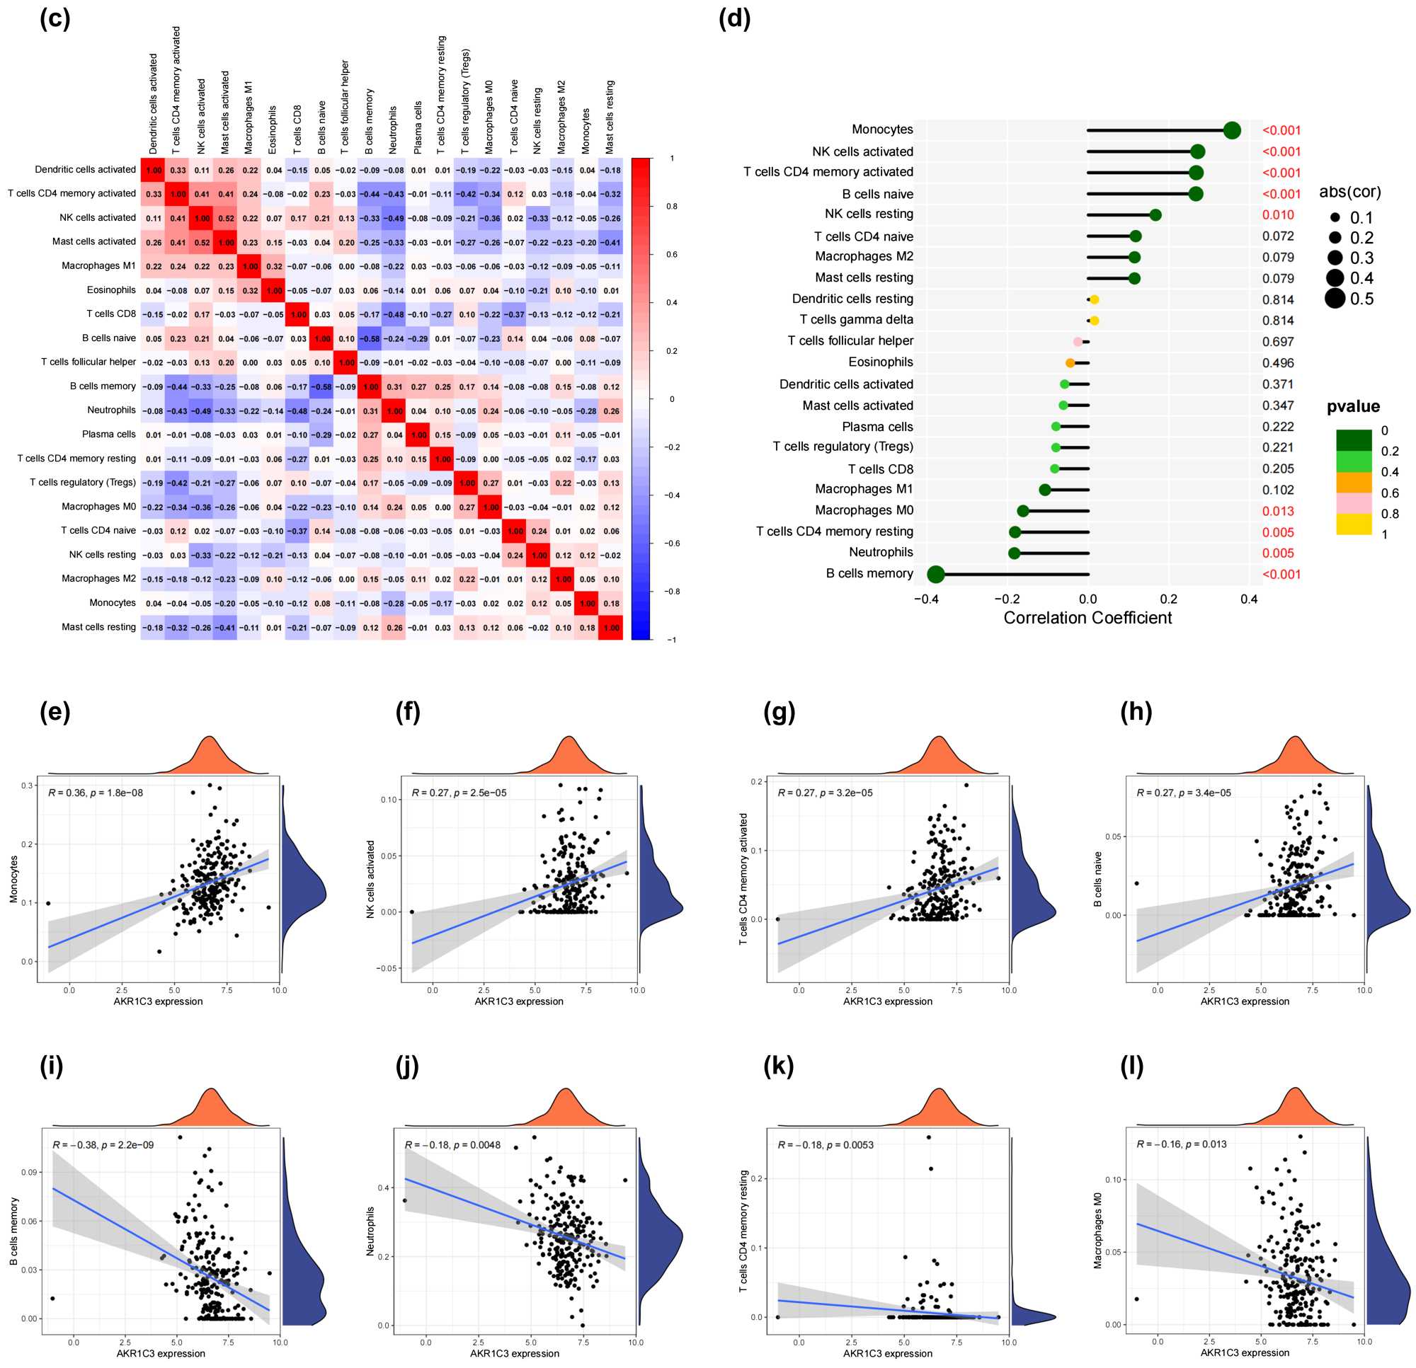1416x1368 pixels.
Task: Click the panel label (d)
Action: pyautogui.click(x=734, y=19)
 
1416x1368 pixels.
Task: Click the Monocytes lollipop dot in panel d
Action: pyautogui.click(x=1233, y=130)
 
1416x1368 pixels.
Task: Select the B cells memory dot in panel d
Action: pyautogui.click(x=935, y=574)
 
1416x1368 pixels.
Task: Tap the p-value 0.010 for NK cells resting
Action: pyautogui.click(x=1278, y=215)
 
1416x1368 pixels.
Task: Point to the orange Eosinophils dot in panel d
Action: pyautogui.click(x=1070, y=362)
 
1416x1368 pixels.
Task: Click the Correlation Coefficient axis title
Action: pyautogui.click(x=1087, y=619)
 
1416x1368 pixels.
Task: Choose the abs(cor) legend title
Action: pyautogui.click(x=1349, y=192)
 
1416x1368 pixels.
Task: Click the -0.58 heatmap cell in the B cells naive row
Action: pyautogui.click(x=370, y=339)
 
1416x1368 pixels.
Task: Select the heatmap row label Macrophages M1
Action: pyautogui.click(x=98, y=266)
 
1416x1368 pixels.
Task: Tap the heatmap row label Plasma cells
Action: pyautogui.click(x=108, y=434)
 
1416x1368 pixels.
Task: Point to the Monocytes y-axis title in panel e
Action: pyautogui.click(x=13, y=879)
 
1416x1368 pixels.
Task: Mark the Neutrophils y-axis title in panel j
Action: pyautogui.click(x=370, y=1231)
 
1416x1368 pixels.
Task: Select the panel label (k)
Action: pyautogui.click(x=778, y=1066)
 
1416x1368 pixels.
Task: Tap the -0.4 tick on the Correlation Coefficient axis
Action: pyautogui.click(x=926, y=599)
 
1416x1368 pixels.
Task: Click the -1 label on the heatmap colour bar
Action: pyautogui.click(x=672, y=639)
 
